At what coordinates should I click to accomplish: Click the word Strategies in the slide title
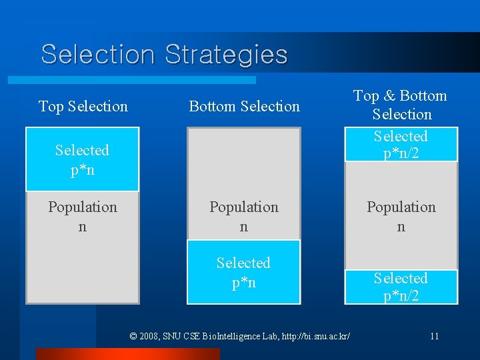point(226,54)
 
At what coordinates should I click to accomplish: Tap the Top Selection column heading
point(83,106)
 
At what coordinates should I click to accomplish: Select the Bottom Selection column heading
point(244,106)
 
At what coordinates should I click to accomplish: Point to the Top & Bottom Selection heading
point(401,105)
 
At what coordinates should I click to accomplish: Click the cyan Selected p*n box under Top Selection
point(82,159)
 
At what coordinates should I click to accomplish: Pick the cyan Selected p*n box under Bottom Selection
point(243,272)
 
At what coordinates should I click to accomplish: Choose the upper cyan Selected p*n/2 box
point(401,145)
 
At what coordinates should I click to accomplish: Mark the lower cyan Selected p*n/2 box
point(401,287)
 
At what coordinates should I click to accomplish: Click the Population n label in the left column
point(82,217)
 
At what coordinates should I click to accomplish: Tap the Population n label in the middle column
point(243,217)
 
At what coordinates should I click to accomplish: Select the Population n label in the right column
point(401,217)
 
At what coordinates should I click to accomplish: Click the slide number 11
point(434,336)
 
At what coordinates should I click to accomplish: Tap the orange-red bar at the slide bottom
point(127,354)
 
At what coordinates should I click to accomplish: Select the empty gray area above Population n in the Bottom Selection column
point(243,160)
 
